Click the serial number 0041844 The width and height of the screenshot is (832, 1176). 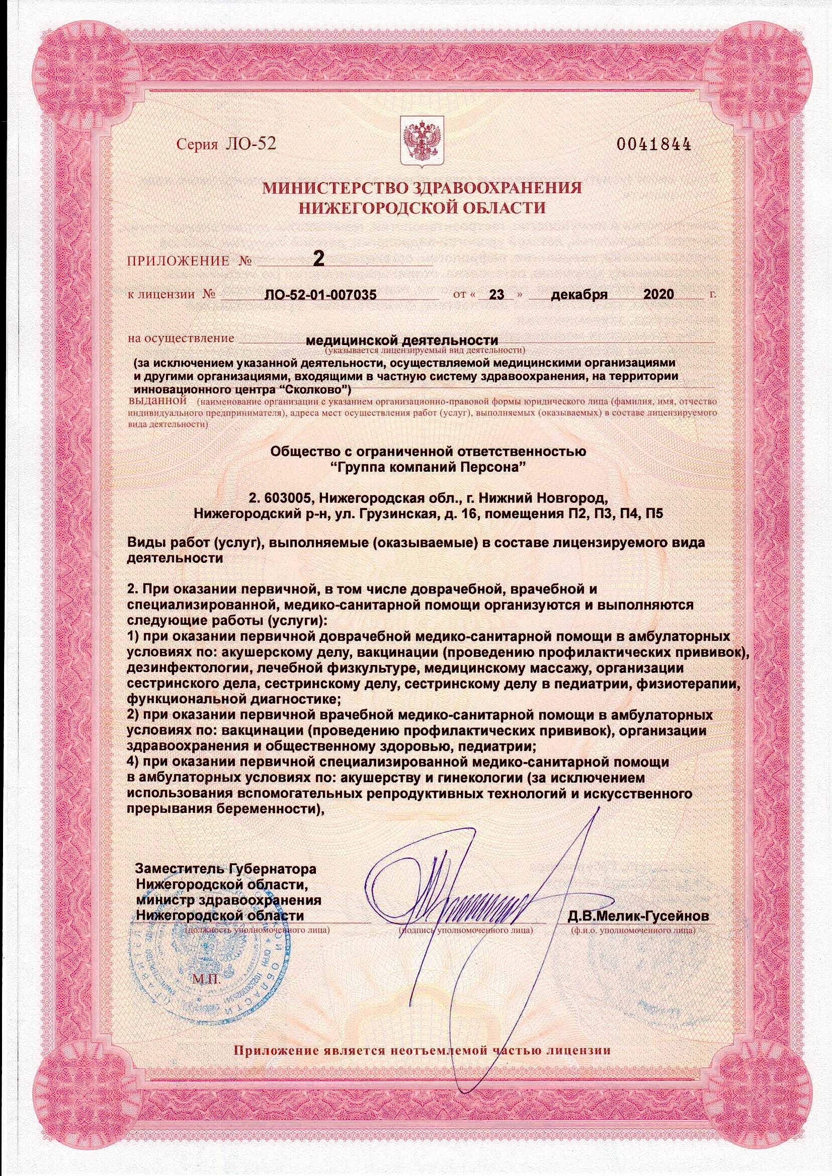tap(654, 144)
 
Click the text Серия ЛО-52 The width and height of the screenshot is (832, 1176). tap(226, 144)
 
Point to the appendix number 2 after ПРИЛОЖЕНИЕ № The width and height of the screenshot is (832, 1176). tap(318, 259)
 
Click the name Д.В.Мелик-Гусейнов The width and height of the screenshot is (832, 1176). tap(638, 916)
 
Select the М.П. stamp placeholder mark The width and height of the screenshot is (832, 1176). tap(206, 981)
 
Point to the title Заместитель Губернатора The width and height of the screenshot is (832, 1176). tap(225, 869)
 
